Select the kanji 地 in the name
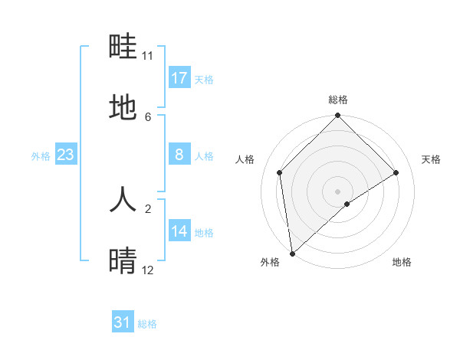click(x=123, y=108)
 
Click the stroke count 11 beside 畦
click(x=148, y=56)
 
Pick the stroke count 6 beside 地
click(x=148, y=116)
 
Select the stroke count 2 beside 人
click(x=148, y=208)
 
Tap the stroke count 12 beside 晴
click(x=148, y=270)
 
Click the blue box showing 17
click(x=179, y=77)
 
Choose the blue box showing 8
click(x=179, y=155)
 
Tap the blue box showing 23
click(x=66, y=155)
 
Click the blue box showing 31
click(x=123, y=322)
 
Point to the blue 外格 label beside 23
click(x=41, y=156)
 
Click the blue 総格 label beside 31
click(x=147, y=324)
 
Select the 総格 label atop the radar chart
click(x=338, y=100)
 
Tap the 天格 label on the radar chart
click(x=432, y=159)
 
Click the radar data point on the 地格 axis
click(x=347, y=204)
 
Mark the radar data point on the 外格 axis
click(x=292, y=254)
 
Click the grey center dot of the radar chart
click(x=338, y=191)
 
